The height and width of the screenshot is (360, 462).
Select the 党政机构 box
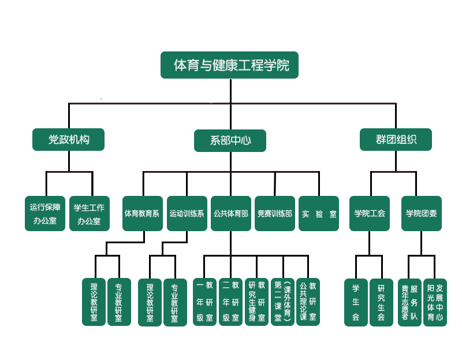point(69,139)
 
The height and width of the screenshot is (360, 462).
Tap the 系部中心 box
point(230,140)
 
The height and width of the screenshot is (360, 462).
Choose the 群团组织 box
point(396,139)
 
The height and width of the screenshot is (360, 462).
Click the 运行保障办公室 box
point(45,213)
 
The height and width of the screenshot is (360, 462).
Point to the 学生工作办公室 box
point(90,213)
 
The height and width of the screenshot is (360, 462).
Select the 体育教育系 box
point(142,213)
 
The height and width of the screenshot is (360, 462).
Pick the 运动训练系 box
point(187,213)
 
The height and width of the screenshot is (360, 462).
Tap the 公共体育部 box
point(230,213)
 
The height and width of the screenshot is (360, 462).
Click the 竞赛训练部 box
point(275,213)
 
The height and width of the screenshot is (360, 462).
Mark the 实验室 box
point(319,213)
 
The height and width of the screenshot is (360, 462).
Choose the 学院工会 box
point(370,213)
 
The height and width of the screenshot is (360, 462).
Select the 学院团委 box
point(422,213)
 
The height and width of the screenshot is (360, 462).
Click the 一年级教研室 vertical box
point(204,301)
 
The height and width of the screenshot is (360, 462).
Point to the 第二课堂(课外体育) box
point(282,301)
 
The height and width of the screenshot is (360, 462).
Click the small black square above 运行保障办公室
point(36,183)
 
